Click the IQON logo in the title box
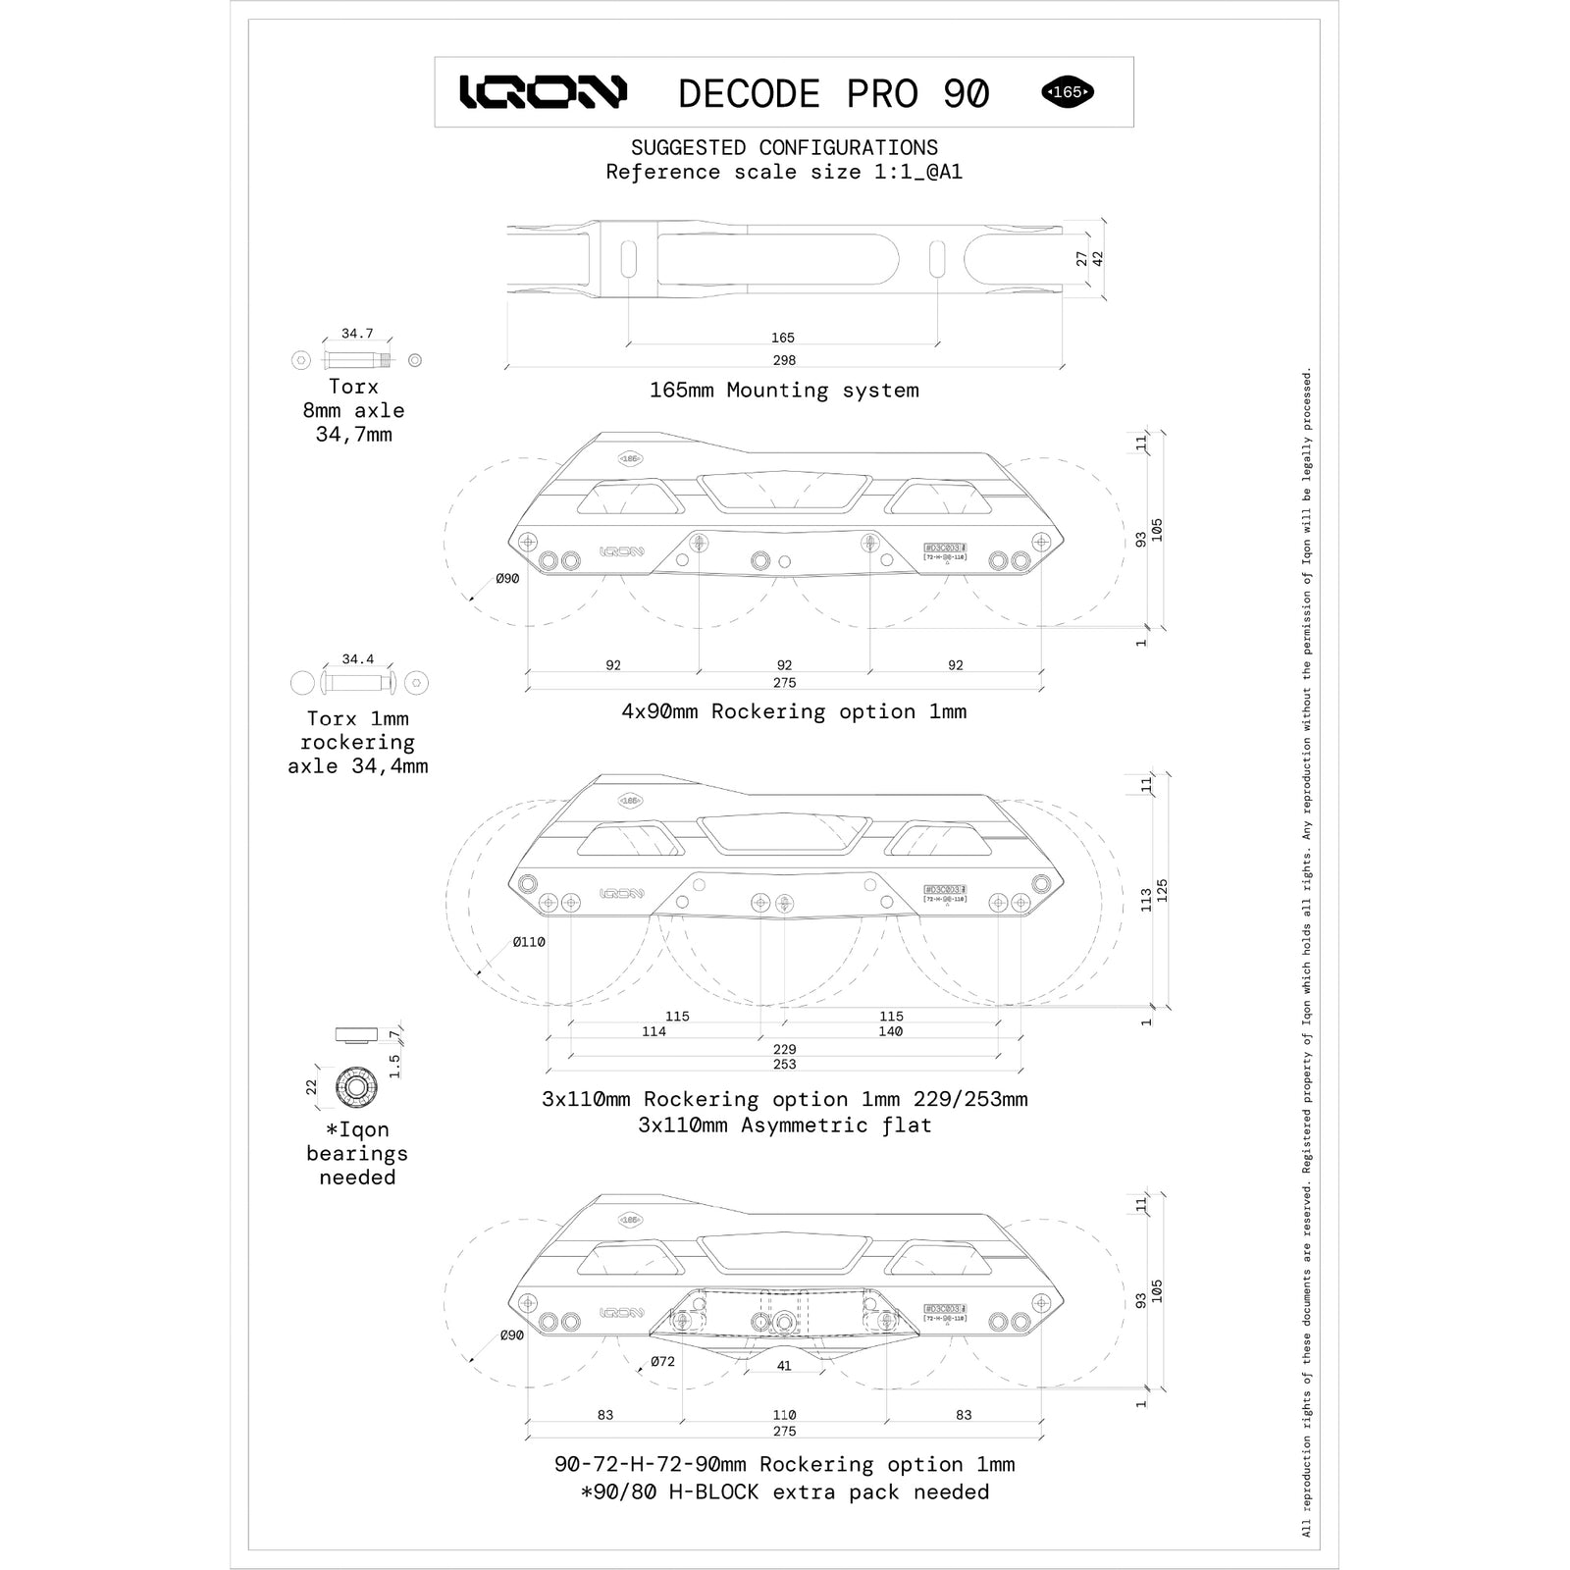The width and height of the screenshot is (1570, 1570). (x=543, y=92)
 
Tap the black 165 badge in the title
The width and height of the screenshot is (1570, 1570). (x=1068, y=92)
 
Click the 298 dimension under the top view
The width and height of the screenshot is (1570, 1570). (x=784, y=360)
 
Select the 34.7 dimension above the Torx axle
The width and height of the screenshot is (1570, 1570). (x=357, y=334)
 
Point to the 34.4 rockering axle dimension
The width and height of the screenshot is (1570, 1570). (x=357, y=659)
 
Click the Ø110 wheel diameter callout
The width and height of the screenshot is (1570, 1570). (x=529, y=942)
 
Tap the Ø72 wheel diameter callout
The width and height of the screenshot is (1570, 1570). (x=663, y=1361)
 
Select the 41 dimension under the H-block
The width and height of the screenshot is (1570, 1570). (x=784, y=1365)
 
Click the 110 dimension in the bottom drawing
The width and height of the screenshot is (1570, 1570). (x=784, y=1414)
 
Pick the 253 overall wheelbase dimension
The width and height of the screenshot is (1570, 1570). (x=784, y=1064)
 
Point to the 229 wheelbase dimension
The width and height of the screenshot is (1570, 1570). (x=784, y=1049)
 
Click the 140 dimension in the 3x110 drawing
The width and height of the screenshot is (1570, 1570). (x=891, y=1031)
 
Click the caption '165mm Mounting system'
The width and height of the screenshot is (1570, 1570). (x=784, y=391)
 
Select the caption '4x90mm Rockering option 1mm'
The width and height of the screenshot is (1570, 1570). (x=794, y=711)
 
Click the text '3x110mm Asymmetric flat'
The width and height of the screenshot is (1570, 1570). (x=784, y=1125)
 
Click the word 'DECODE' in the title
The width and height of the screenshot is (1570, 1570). (x=749, y=93)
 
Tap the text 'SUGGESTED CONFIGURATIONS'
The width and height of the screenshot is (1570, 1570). (x=784, y=148)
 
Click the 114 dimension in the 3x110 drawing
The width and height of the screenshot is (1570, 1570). (x=654, y=1031)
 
